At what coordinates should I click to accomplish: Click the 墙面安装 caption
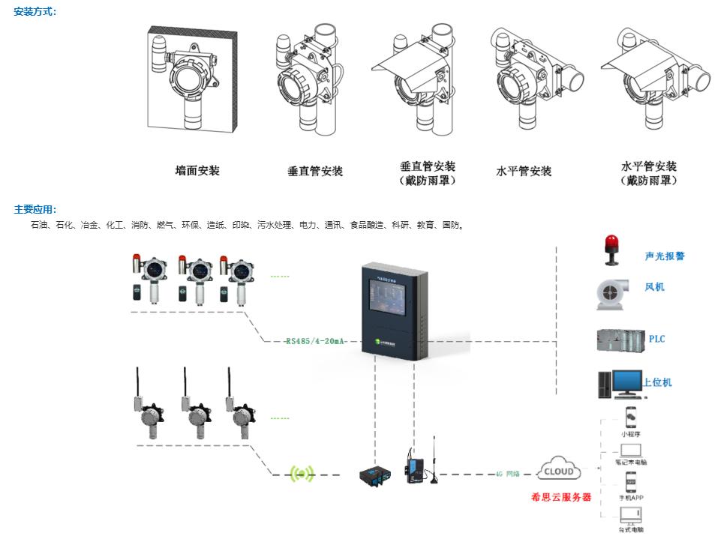point(197,171)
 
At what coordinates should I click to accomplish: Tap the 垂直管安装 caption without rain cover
point(315,171)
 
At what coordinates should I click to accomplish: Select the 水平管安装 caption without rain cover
point(524,171)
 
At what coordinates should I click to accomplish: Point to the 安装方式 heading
point(35,12)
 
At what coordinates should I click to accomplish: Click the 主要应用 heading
point(35,210)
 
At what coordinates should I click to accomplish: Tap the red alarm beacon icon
point(611,250)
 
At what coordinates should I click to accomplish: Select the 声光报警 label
point(665,256)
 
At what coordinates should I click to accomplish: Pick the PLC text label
point(656,339)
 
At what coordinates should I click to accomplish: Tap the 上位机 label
point(657,382)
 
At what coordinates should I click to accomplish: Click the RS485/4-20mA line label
point(315,341)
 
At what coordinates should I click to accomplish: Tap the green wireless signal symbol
point(303,473)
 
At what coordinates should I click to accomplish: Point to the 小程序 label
point(630,434)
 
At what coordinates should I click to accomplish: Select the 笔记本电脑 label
point(632,463)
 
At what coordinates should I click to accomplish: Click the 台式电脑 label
point(631,529)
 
